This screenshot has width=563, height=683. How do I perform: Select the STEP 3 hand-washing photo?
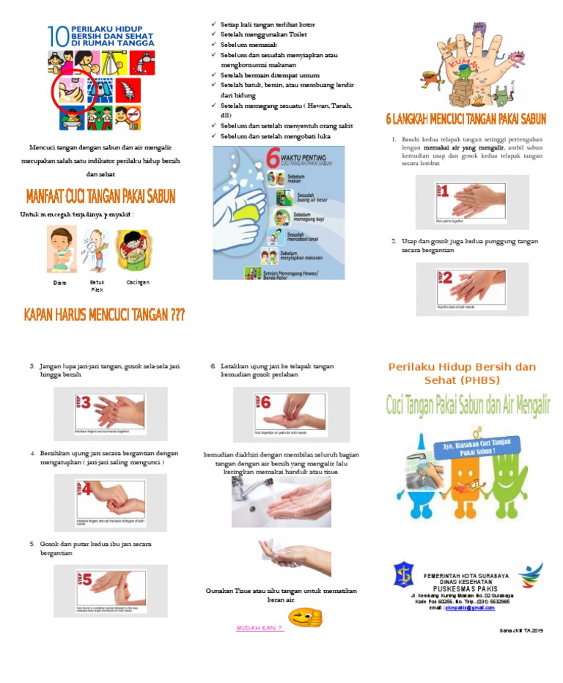(111, 413)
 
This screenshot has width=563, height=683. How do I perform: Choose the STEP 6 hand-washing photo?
(291, 413)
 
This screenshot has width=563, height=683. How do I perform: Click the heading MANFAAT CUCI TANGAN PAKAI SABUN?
(100, 197)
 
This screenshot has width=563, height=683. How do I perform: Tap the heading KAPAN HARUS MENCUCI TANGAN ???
(104, 315)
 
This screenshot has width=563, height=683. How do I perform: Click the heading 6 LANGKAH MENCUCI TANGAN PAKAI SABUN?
(466, 119)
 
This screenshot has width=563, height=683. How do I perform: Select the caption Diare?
(59, 282)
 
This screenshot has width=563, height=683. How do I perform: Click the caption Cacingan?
(138, 282)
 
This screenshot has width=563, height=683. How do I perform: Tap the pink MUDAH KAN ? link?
(260, 628)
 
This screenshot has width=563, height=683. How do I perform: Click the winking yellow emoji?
(306, 618)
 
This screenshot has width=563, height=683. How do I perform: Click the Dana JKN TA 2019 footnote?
(521, 630)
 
